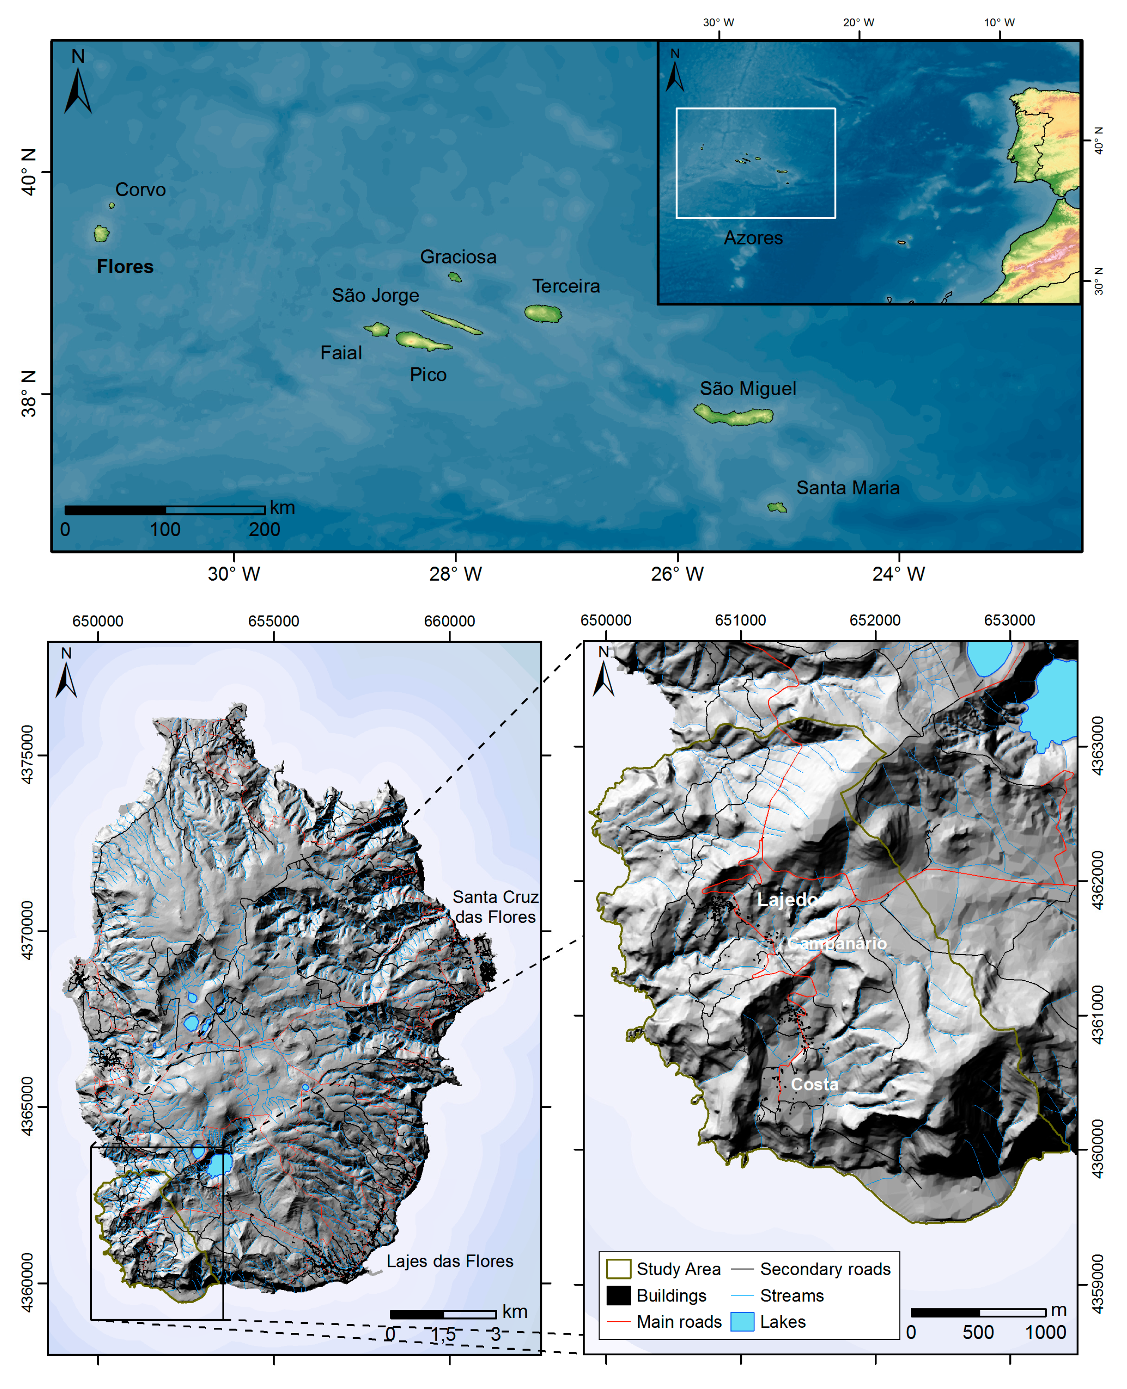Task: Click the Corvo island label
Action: [140, 190]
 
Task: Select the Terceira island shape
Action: [543, 314]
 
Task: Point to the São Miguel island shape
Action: [734, 414]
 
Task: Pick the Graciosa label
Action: [458, 257]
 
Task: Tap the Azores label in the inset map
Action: [753, 238]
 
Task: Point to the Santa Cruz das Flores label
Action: [495, 907]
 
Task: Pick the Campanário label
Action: [837, 943]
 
